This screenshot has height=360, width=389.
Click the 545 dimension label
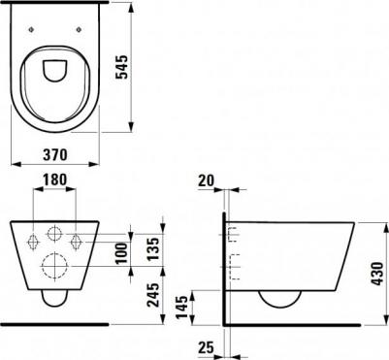click(122, 67)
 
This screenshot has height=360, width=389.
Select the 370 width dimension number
click(55, 155)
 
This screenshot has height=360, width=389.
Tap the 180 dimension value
click(54, 180)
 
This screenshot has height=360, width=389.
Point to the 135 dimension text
click(153, 249)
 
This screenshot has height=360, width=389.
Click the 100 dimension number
click(122, 254)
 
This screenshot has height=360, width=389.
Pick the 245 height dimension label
click(153, 295)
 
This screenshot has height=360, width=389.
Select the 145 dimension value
click(182, 307)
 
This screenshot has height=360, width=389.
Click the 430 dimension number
click(376, 274)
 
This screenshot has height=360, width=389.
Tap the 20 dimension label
click(207, 180)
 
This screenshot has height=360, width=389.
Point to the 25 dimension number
click(207, 347)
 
